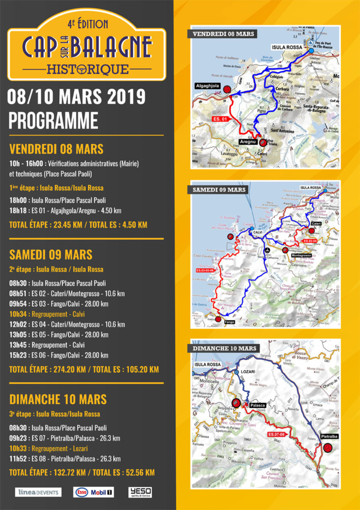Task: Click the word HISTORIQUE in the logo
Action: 88,69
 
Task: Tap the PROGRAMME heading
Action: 53,120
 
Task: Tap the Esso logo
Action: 81,492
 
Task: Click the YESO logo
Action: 140,492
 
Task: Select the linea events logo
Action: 38,492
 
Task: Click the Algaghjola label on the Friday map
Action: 207,86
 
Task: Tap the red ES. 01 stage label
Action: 221,119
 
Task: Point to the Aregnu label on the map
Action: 247,141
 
